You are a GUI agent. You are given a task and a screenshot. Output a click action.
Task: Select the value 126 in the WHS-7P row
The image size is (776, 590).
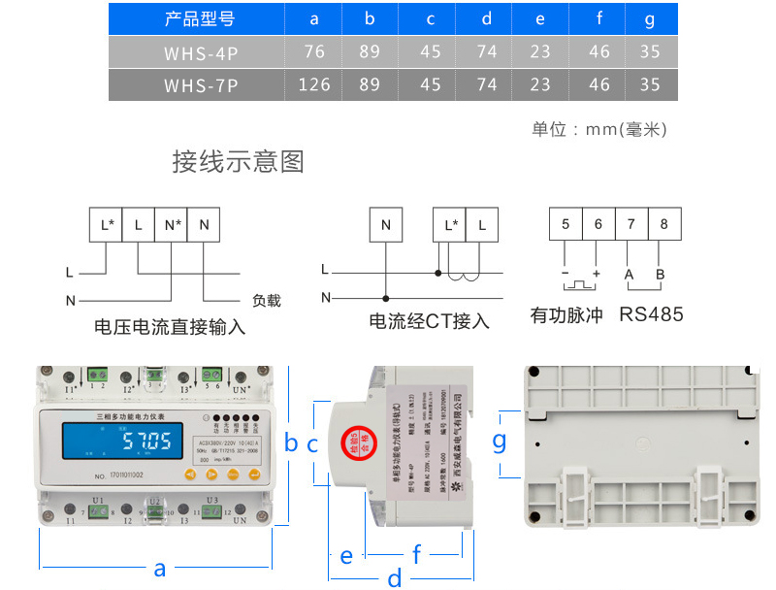(x=314, y=84)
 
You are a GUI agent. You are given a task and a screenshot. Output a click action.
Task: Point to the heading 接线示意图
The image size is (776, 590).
(x=239, y=161)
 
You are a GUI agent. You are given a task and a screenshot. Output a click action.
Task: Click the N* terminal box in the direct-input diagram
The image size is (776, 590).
(x=172, y=225)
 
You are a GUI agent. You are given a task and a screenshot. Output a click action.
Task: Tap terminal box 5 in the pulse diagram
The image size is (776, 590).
(x=566, y=225)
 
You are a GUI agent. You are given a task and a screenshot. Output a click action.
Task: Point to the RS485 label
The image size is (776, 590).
(x=651, y=314)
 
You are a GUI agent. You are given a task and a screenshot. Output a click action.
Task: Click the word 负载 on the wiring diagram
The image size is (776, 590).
(x=266, y=301)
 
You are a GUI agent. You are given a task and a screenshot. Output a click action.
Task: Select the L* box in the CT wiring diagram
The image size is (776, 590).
(x=450, y=225)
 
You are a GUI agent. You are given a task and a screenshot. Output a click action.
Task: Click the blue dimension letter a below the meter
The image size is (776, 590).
(x=160, y=569)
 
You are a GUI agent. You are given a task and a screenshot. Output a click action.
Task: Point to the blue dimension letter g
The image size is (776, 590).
(x=499, y=442)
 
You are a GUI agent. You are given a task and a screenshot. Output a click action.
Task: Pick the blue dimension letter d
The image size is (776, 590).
(x=394, y=578)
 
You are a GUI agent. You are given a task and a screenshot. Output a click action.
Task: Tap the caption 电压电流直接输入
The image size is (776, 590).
(x=171, y=328)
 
